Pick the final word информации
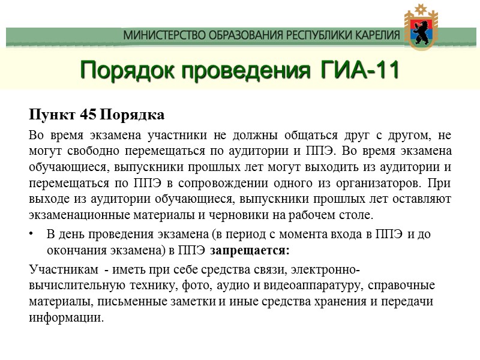66,317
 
